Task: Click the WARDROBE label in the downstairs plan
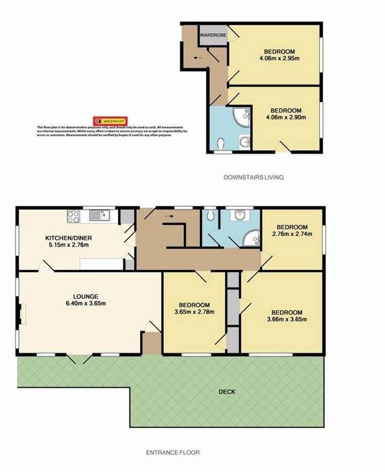coord(213,35)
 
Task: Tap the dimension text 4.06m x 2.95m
coord(279,58)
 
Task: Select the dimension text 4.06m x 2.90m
coord(286,117)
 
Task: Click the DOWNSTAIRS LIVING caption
coord(253,178)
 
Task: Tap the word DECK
coord(227,392)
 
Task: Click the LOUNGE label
coord(86,296)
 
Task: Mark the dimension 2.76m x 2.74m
coord(292,234)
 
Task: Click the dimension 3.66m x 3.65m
coord(286,320)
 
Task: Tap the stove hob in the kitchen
coord(73,216)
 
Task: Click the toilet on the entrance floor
coord(209,217)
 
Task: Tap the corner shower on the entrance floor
coord(252,238)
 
